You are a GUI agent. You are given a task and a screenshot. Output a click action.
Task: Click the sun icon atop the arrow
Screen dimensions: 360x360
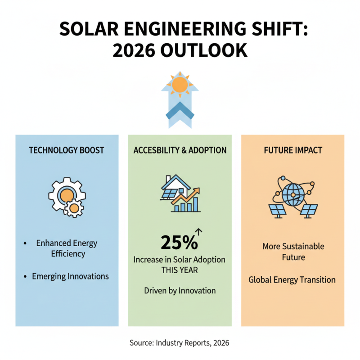pyautogui.click(x=180, y=84)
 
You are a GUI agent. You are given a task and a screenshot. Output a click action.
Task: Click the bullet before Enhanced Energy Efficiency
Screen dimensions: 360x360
pyautogui.click(x=25, y=243)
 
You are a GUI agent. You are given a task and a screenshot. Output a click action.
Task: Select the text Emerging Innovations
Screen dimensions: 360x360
pyautogui.click(x=70, y=276)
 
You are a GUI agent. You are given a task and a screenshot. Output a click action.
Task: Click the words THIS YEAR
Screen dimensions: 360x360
pyautogui.click(x=180, y=271)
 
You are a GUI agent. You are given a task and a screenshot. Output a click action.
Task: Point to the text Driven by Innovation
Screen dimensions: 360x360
pyautogui.click(x=180, y=291)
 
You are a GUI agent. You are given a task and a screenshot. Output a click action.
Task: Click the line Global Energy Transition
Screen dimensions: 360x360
pyautogui.click(x=292, y=280)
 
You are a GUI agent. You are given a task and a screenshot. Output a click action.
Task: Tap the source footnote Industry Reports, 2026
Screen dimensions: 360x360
pyautogui.click(x=180, y=343)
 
